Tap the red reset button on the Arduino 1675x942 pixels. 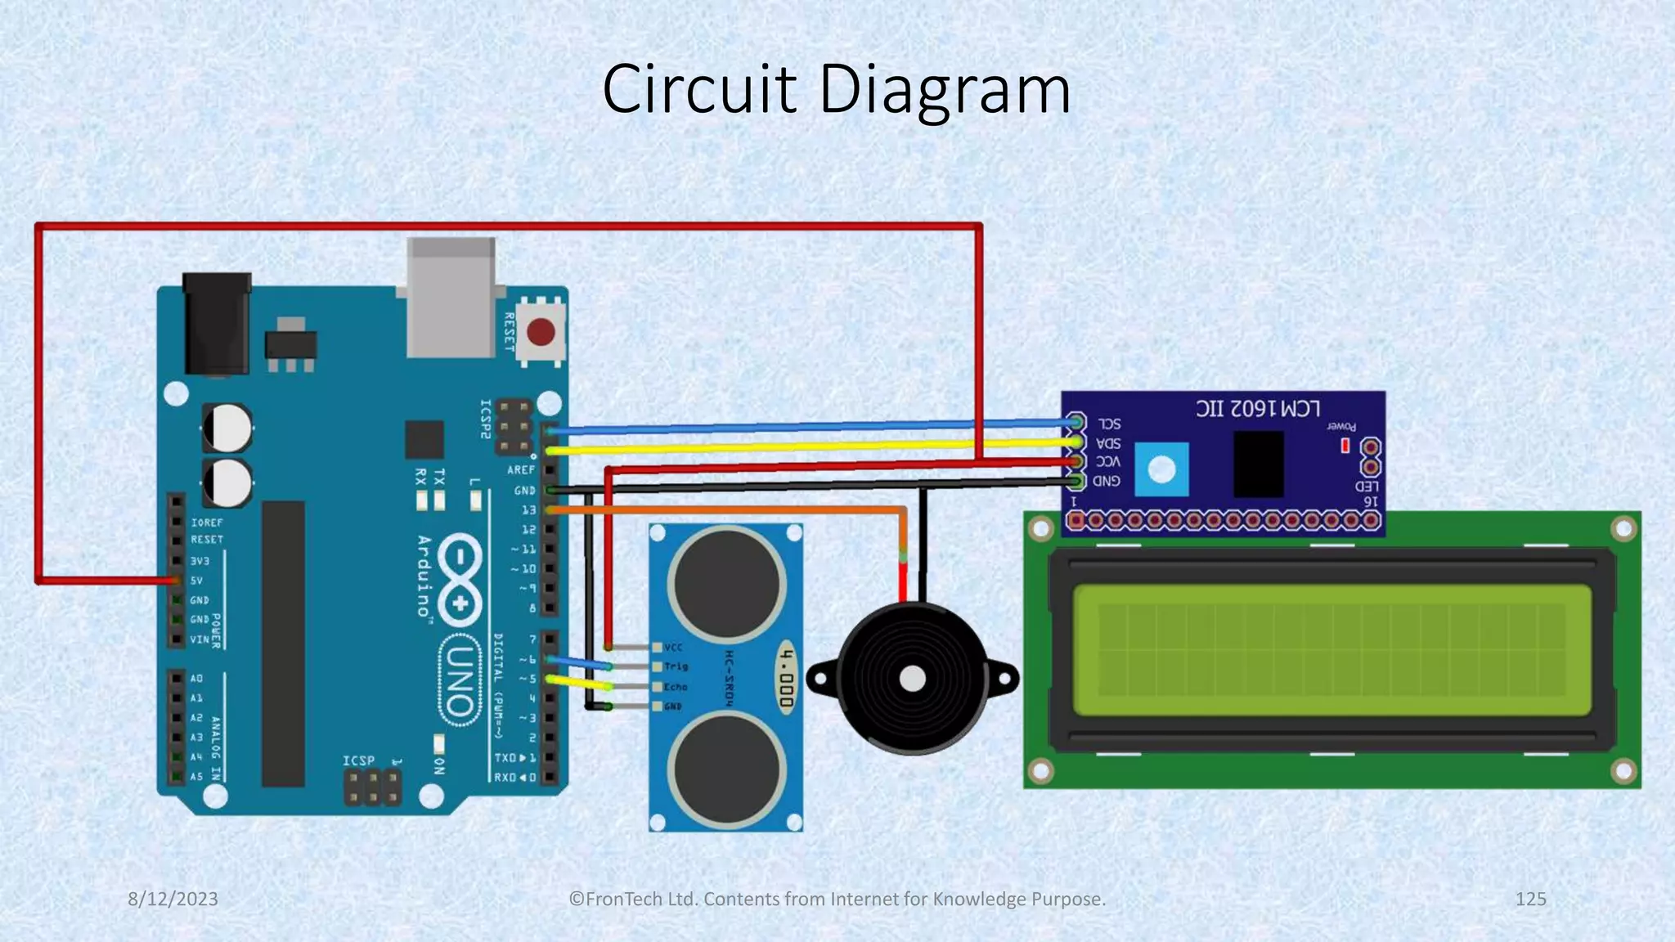pyautogui.click(x=541, y=332)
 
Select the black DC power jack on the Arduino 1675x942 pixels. pyautogui.click(x=217, y=324)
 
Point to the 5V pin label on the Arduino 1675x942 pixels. pyautogui.click(x=196, y=581)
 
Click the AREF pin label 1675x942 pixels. pyautogui.click(x=520, y=470)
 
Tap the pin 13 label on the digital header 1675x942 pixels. pyautogui.click(x=528, y=510)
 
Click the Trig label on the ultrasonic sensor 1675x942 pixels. pyautogui.click(x=676, y=666)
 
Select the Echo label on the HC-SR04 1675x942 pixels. pyautogui.click(x=676, y=687)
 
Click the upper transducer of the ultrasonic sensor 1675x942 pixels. pyautogui.click(x=726, y=584)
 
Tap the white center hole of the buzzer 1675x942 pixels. pyautogui.click(x=912, y=679)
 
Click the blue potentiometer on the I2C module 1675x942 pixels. pyautogui.click(x=1161, y=469)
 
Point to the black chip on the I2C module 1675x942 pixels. pyautogui.click(x=1258, y=464)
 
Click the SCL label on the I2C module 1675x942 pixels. pyautogui.click(x=1109, y=424)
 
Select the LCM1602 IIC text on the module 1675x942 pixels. pyautogui.click(x=1258, y=408)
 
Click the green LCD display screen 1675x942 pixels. pyautogui.click(x=1331, y=649)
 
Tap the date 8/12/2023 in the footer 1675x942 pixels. pyautogui.click(x=173, y=899)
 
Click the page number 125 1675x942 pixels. pyautogui.click(x=1530, y=899)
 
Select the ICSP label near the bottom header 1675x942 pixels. pyautogui.click(x=358, y=760)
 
